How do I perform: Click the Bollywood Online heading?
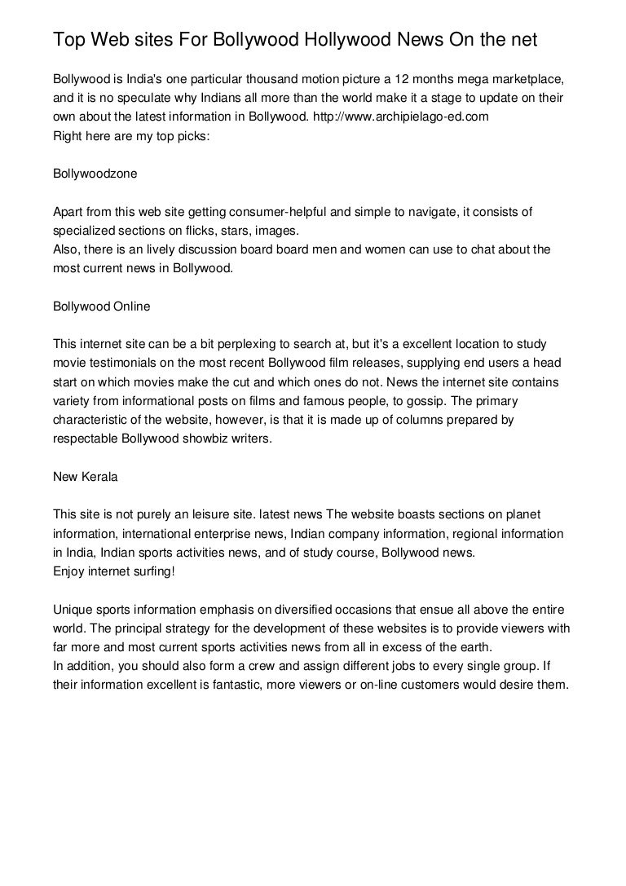pos(101,306)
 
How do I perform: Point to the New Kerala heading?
pos(85,477)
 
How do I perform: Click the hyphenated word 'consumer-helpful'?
pos(282,212)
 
